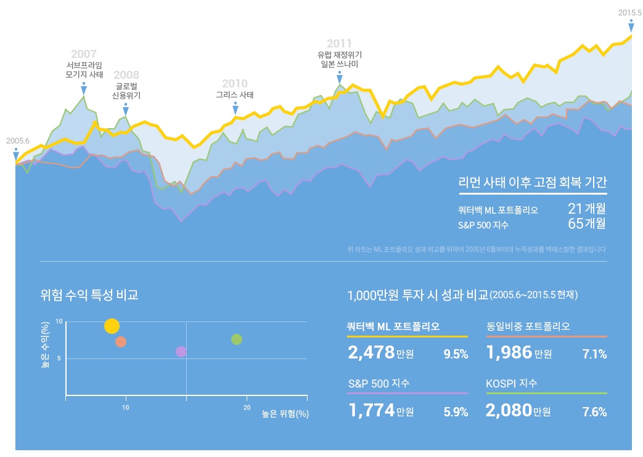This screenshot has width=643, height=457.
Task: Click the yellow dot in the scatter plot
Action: coord(112,326)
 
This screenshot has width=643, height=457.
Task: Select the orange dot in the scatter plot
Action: coord(121,342)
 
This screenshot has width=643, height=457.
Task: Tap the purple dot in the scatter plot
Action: coord(181,352)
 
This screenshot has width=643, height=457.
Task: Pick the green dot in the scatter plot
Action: coord(237,339)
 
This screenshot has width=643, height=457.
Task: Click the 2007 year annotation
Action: coord(84,54)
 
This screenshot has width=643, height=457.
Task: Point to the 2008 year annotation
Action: coord(126,75)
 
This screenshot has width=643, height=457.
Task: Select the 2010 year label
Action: coord(235,84)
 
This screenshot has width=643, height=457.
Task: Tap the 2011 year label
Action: coord(339,43)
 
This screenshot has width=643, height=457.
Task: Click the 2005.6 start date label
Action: coord(18,140)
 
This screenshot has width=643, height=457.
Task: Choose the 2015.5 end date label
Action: coord(630,12)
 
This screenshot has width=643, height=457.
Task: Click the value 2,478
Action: coord(371,353)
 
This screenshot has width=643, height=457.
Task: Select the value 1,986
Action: coord(509,353)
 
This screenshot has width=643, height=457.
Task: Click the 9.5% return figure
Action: coord(456,354)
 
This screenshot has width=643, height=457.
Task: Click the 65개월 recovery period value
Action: coord(586,224)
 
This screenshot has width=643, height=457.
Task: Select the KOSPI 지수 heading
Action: coord(512,383)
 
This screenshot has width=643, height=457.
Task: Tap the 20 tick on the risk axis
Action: coord(247,407)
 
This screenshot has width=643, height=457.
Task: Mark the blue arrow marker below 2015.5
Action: coord(631,26)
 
